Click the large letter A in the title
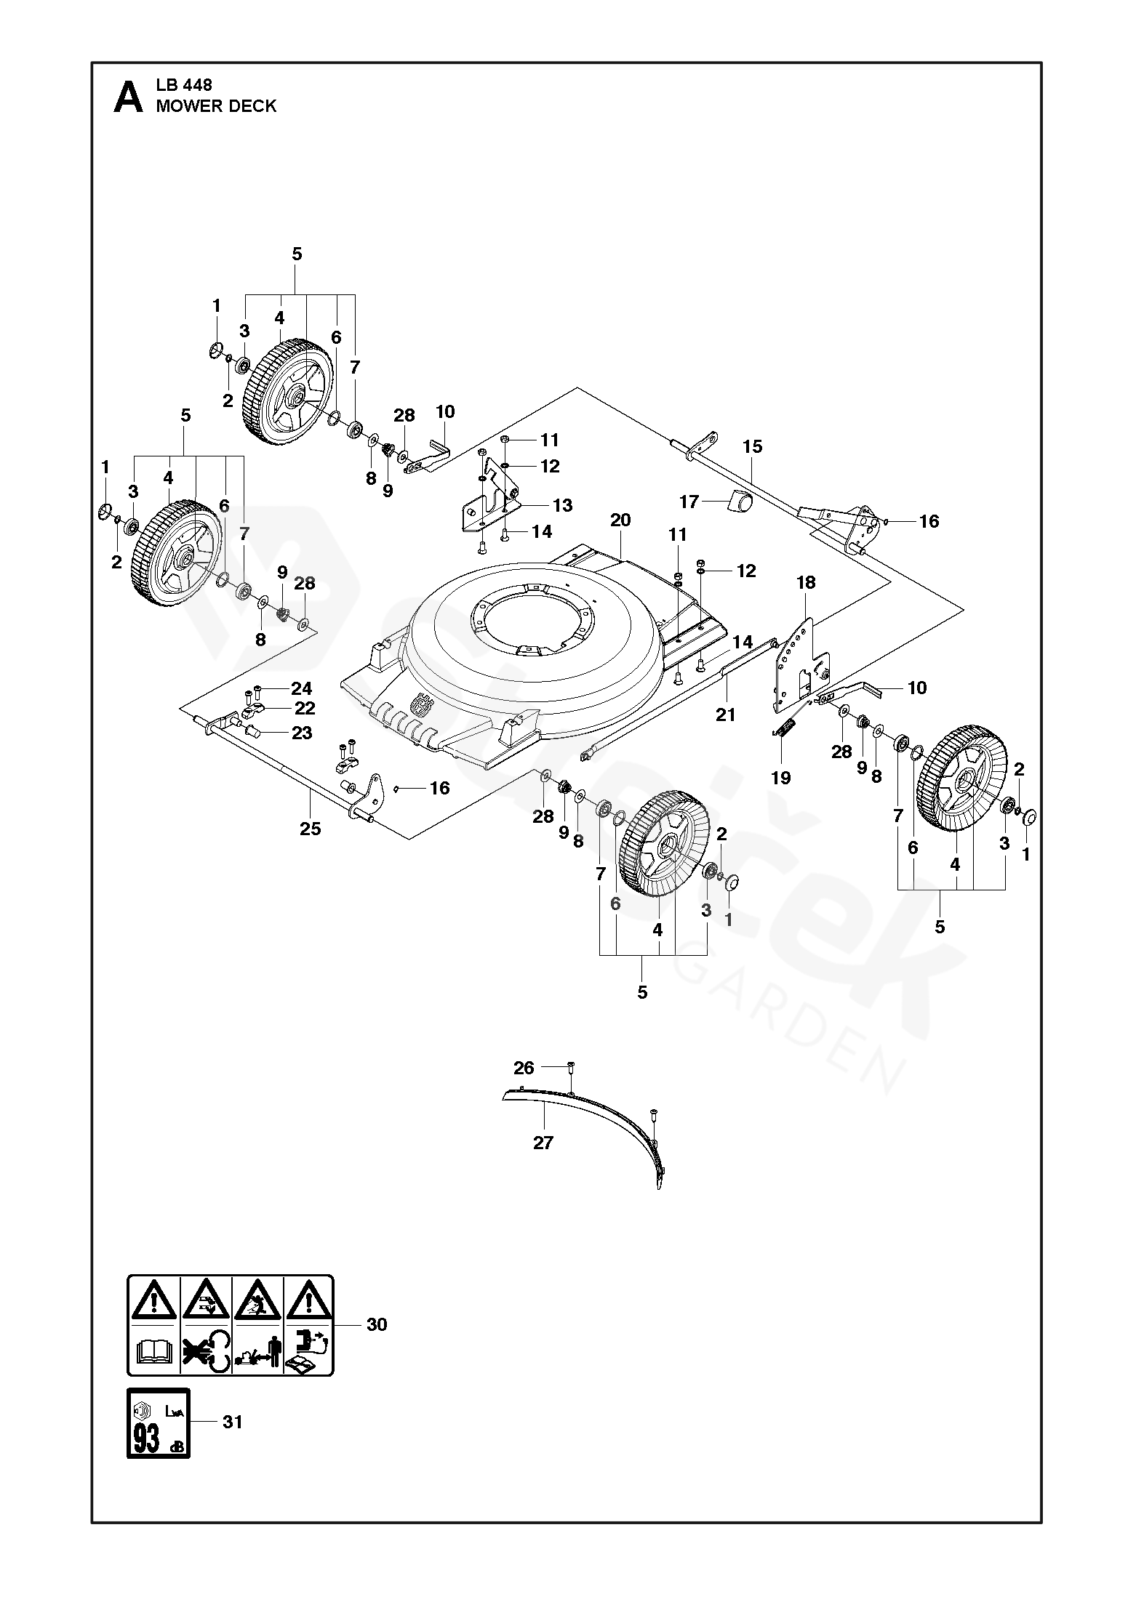[129, 97]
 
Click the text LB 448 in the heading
[184, 85]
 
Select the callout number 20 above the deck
[620, 520]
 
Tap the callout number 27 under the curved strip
[543, 1143]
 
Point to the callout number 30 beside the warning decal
[377, 1324]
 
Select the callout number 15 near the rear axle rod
[752, 446]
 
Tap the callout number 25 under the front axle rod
[311, 829]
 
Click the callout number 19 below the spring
[780, 778]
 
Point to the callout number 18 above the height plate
[806, 582]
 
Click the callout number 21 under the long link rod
[725, 715]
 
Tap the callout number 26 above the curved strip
[524, 1068]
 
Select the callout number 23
[302, 733]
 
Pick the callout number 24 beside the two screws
[301, 688]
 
